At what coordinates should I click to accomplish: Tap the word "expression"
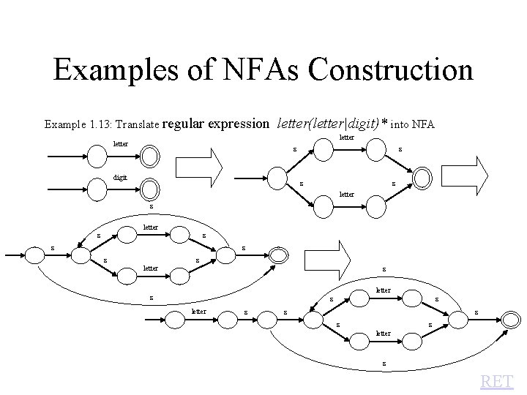239,124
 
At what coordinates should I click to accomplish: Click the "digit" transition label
119,176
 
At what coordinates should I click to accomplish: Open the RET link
497,381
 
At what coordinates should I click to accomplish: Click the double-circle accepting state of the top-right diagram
423,178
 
